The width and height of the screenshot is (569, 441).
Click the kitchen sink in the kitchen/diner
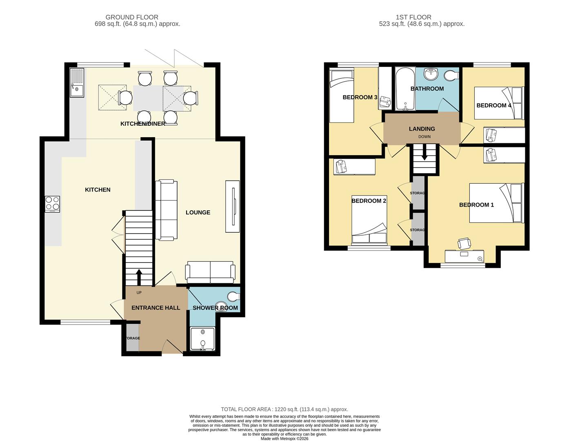77,83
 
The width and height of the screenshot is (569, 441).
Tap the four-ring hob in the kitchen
52,204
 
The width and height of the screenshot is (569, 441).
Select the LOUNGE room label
198,212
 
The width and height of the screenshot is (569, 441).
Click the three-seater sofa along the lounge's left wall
166,210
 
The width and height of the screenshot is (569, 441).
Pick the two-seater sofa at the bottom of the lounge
210,272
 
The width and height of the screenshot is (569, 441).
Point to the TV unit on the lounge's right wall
233,207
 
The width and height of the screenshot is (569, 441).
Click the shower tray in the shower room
202,339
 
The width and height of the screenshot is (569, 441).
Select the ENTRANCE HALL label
156,307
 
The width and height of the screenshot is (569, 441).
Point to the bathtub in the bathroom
405,89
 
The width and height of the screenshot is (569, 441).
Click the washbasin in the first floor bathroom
430,74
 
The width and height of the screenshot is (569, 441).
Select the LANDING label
422,129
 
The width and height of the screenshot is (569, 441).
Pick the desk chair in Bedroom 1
464,244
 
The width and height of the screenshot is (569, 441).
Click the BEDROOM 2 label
369,201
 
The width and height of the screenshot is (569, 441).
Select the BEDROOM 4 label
494,105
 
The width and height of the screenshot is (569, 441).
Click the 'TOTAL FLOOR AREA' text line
284,409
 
